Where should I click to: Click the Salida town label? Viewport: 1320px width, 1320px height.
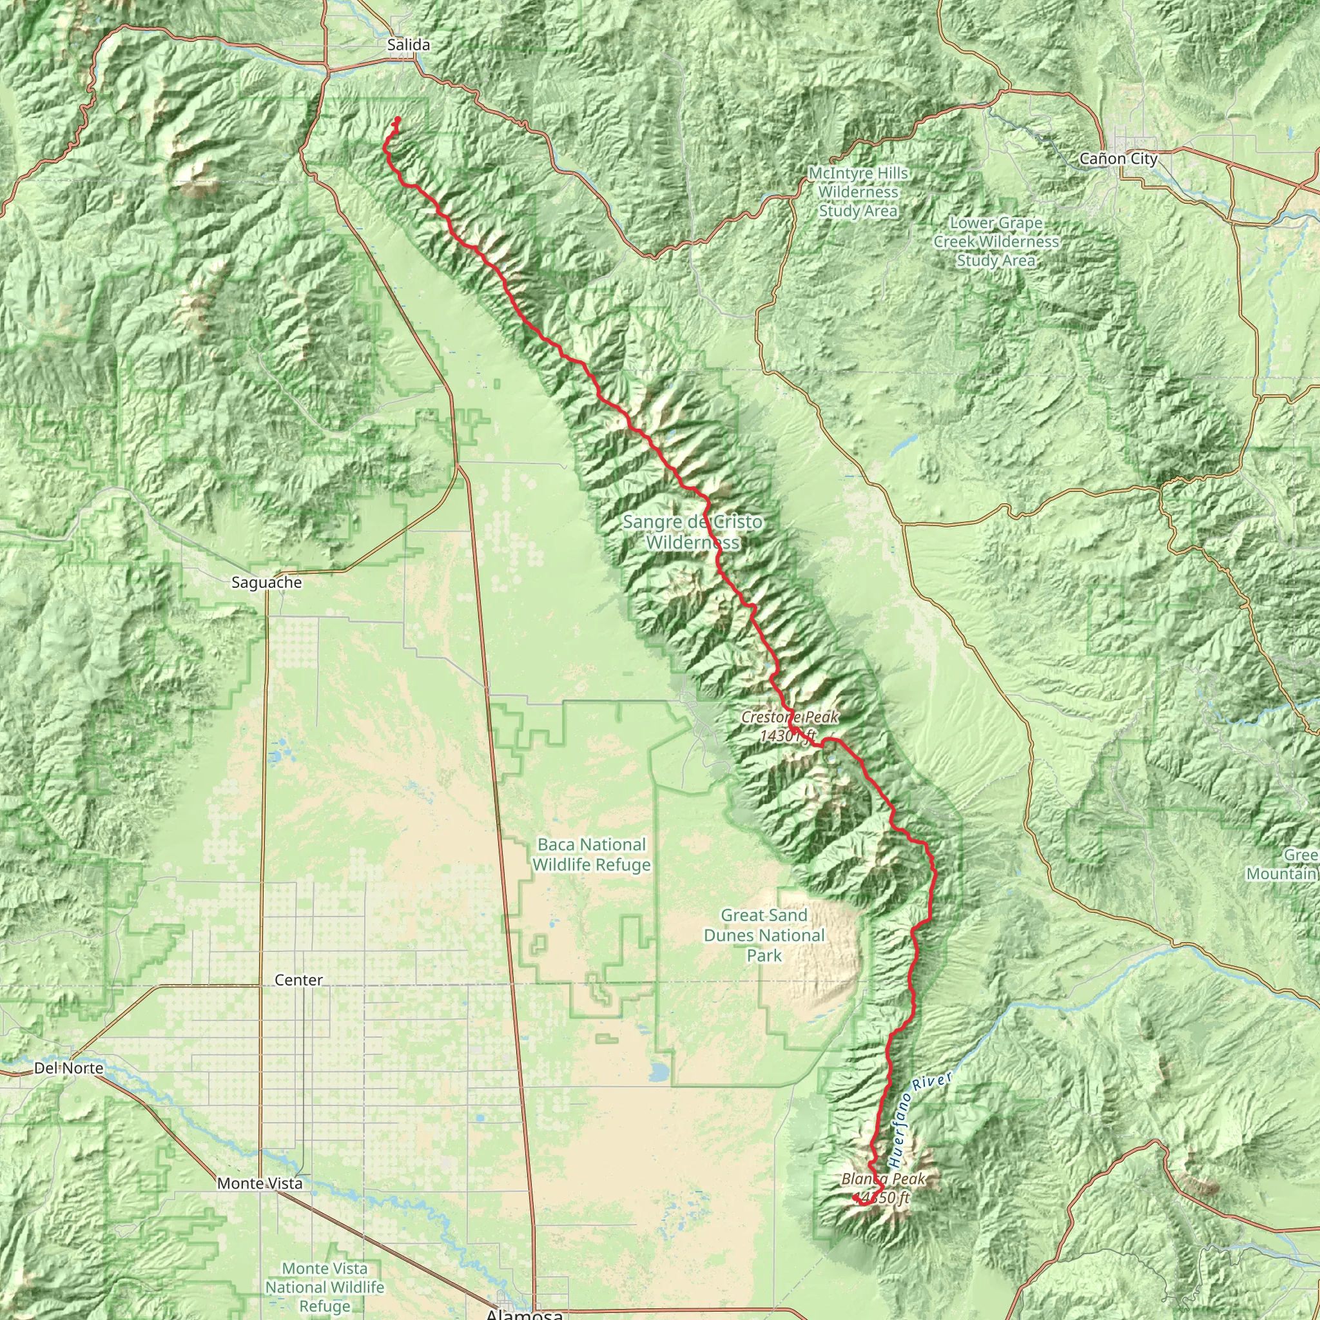click(x=408, y=45)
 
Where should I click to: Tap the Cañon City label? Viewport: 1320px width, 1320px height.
click(x=1118, y=159)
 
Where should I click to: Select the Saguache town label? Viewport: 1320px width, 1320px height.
click(x=266, y=583)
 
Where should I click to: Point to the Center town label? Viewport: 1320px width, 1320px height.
click(x=298, y=980)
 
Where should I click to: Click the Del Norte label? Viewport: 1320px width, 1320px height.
click(x=68, y=1069)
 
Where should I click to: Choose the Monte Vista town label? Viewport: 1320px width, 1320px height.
click(x=260, y=1183)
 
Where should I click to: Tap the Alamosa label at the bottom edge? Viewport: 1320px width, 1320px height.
click(x=524, y=1312)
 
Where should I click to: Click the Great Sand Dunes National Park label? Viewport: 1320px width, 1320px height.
click(x=764, y=935)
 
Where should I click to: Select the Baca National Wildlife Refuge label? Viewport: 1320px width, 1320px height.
click(x=591, y=855)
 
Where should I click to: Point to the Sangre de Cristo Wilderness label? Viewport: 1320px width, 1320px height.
click(x=692, y=532)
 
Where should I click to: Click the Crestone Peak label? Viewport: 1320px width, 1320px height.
click(x=789, y=717)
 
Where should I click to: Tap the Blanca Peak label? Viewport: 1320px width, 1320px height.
click(x=884, y=1179)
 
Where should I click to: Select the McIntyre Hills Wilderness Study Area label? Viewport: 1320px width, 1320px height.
click(x=858, y=192)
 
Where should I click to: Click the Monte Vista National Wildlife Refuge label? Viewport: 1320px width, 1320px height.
click(x=325, y=1287)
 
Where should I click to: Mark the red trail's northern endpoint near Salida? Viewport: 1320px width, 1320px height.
click(x=398, y=120)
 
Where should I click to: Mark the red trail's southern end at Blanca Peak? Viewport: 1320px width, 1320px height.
click(x=855, y=1198)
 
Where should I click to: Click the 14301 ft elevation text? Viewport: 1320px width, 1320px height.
click(x=788, y=736)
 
